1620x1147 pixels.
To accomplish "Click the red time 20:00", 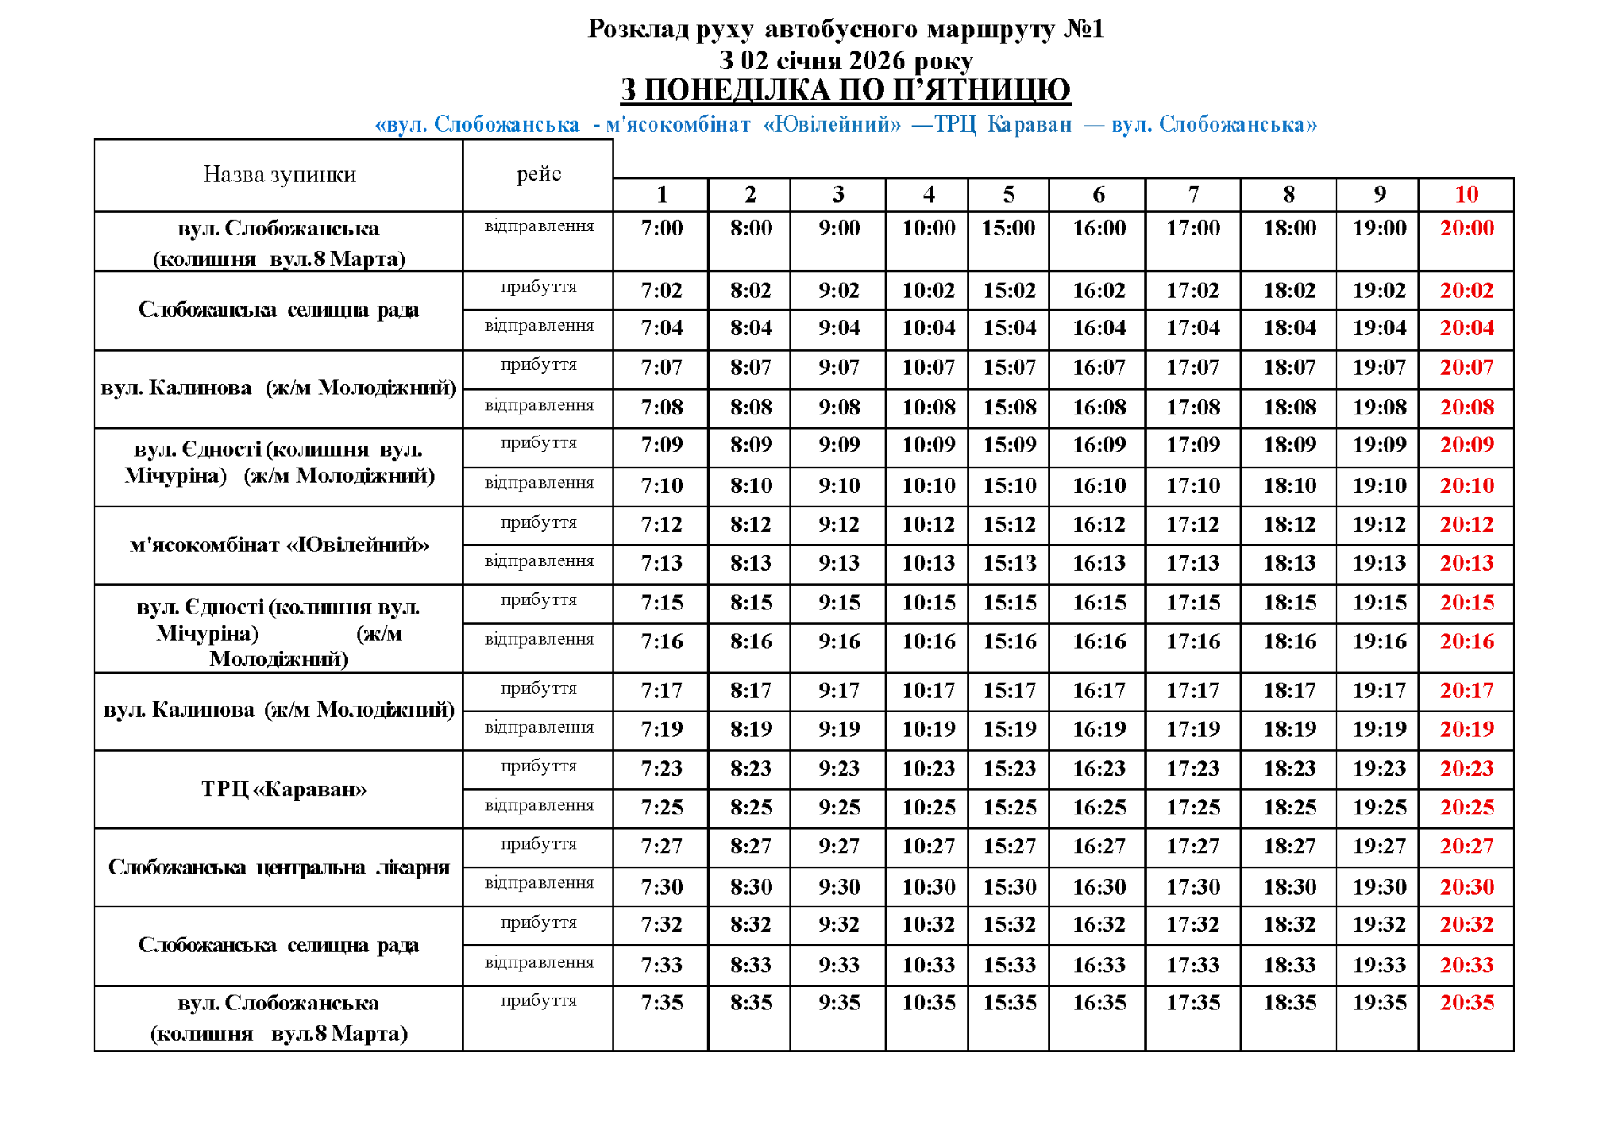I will point(1466,228).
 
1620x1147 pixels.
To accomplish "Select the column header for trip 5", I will point(1008,195).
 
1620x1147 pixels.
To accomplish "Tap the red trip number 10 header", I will point(1466,195).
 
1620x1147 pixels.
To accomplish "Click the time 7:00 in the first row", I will point(661,228).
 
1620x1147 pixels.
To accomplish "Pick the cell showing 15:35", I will point(1009,1003).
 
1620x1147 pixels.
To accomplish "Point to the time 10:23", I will point(928,769).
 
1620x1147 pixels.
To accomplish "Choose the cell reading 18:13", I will point(1289,563).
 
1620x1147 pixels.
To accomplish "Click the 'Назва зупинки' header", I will point(279,175).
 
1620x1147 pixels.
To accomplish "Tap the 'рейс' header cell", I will point(538,174).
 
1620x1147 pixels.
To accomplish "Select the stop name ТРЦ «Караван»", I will point(283,789).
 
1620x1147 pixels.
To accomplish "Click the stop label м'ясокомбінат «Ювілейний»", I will point(279,545).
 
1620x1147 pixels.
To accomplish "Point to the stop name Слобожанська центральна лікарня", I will point(278,868).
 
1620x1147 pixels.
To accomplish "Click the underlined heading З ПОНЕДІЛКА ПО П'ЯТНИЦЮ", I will point(845,89).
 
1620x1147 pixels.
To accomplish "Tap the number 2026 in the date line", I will point(877,61).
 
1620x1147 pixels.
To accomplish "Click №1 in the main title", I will point(1083,29).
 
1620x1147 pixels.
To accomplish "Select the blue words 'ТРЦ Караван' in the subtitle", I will point(1003,125).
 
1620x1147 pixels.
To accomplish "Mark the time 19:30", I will point(1379,887).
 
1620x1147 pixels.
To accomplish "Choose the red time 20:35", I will point(1466,1003).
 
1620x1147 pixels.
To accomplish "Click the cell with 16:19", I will point(1099,729).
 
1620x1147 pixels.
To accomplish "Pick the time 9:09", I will point(839,445).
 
